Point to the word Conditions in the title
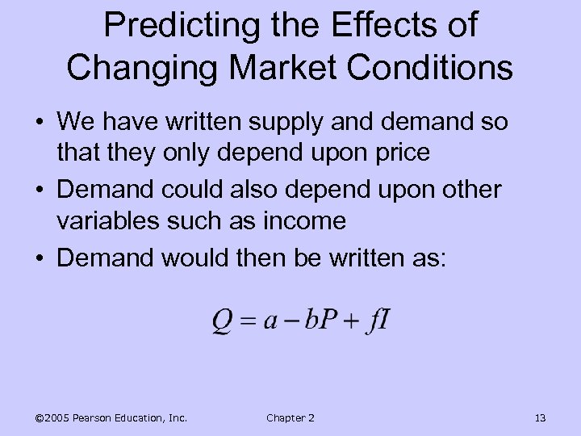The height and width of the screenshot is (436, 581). (426, 67)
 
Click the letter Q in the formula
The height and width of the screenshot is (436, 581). (223, 321)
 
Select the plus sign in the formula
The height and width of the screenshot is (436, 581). (349, 322)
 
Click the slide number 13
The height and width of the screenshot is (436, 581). (540, 417)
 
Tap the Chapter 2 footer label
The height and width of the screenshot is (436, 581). (290, 417)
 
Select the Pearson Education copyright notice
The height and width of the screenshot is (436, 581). (111, 417)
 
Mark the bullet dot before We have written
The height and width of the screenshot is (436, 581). (40, 124)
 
